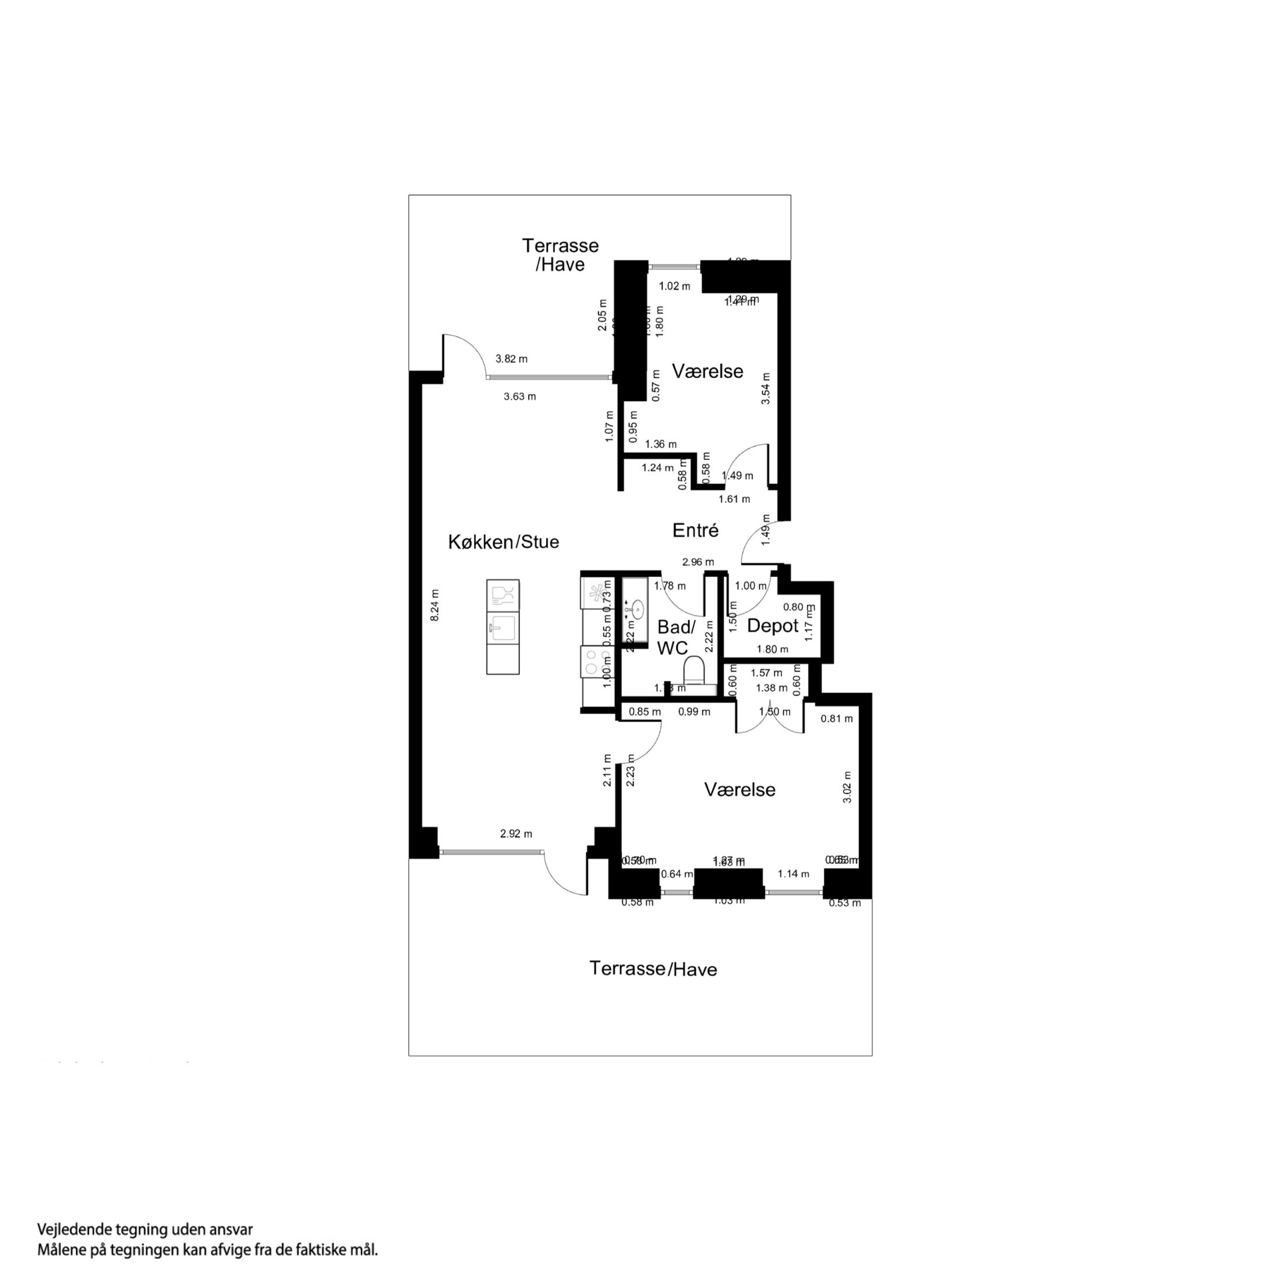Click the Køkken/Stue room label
[x=503, y=542]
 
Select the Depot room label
[x=773, y=626]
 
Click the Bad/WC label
[x=675, y=638]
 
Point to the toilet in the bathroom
[x=695, y=670]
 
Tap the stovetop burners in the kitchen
[x=596, y=661]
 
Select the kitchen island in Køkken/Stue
[x=503, y=627]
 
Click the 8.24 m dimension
[x=435, y=605]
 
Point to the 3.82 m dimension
[x=511, y=359]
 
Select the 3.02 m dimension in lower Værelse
[x=847, y=787]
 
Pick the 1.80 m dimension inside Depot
[x=773, y=649]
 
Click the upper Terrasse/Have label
[x=560, y=255]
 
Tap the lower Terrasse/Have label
[x=653, y=969]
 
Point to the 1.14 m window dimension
[x=794, y=874]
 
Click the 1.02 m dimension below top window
[x=674, y=286]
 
